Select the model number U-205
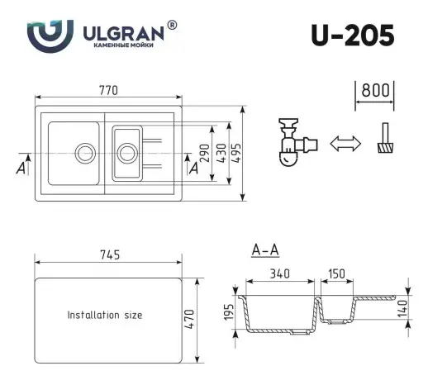pos(352,35)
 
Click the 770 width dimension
pos(109,89)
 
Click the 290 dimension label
pos(203,154)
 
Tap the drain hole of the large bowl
pos(84,152)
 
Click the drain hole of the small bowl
pos(126,152)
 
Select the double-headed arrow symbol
pos(346,144)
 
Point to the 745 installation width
pos(109,254)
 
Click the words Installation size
pos(105,315)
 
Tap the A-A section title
pos(264,249)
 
